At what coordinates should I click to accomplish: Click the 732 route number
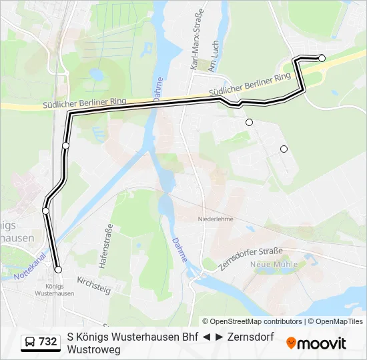coord(47,342)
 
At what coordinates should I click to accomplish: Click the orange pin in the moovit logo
coord(292,343)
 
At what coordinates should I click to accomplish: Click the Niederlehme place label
coord(214,219)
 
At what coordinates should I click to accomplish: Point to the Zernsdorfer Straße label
coord(252,257)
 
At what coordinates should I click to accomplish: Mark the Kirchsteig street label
coord(93,285)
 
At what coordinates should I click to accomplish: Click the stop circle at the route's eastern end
coord(322,59)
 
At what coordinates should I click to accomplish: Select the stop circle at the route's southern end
coord(58,270)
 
